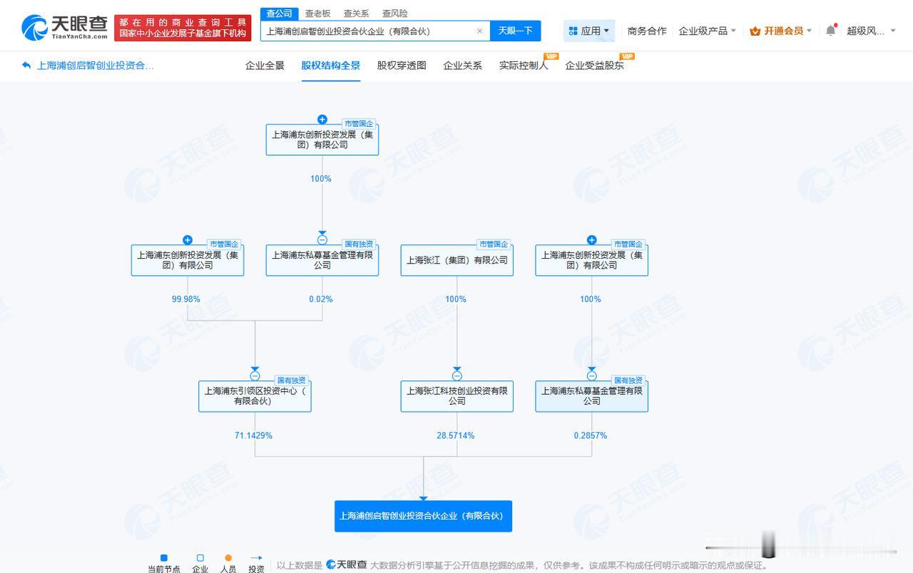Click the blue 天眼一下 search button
(x=515, y=31)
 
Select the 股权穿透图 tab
(x=402, y=66)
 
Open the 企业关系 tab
(x=463, y=66)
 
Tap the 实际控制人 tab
(x=524, y=66)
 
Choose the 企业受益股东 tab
(x=594, y=66)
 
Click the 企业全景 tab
(x=265, y=66)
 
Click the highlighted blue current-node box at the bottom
(x=423, y=516)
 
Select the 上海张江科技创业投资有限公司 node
(x=457, y=396)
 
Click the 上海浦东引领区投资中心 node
(x=255, y=396)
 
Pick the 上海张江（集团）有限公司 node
(x=457, y=260)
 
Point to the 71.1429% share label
(x=253, y=435)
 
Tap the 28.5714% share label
(x=456, y=435)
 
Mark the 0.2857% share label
(x=590, y=435)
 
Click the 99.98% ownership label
(x=186, y=299)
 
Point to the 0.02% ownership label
(x=321, y=299)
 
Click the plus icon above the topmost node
(x=322, y=119)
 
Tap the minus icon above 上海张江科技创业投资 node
(x=457, y=376)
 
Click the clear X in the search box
(x=480, y=31)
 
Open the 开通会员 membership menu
(x=780, y=31)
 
